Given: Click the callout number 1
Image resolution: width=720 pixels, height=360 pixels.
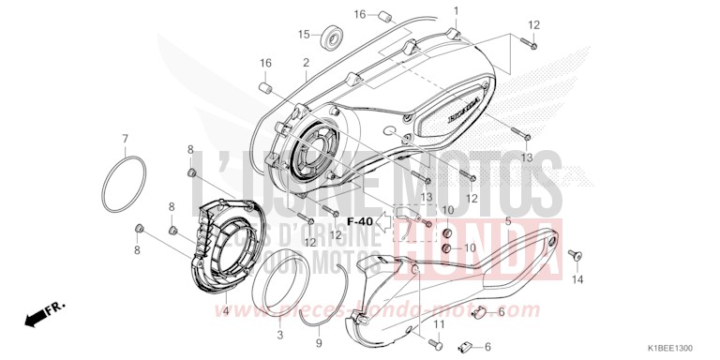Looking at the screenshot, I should pyautogui.click(x=457, y=10).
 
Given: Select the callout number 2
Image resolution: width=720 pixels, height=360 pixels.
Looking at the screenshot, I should pyautogui.click(x=306, y=62).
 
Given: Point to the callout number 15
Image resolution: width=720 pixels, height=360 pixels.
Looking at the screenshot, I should pyautogui.click(x=303, y=35).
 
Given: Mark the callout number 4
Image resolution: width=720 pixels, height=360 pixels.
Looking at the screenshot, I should pyautogui.click(x=225, y=310).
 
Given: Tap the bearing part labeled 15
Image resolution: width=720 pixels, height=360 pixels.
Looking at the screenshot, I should pyautogui.click(x=331, y=38).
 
